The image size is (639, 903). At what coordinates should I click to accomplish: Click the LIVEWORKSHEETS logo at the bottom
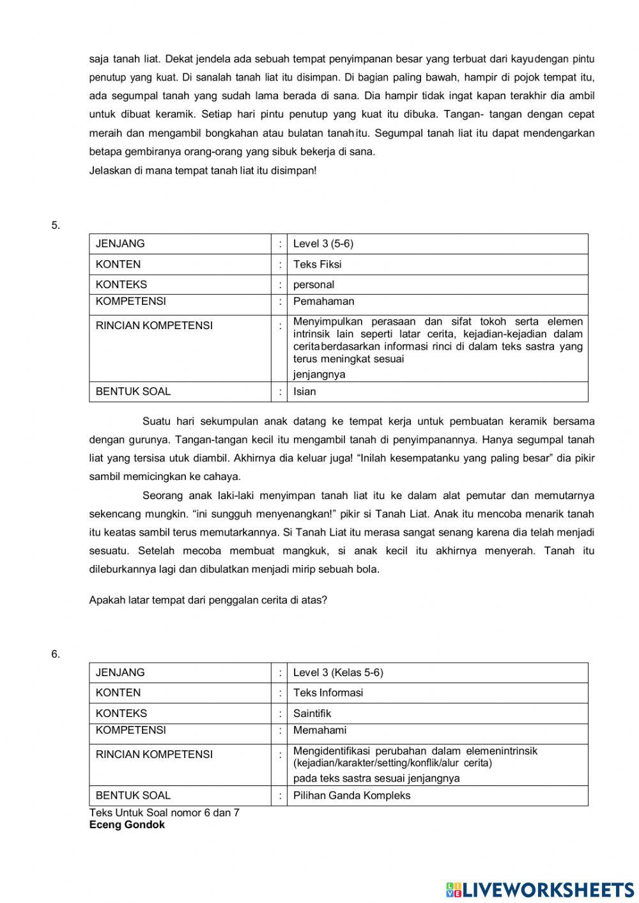pyautogui.click(x=540, y=889)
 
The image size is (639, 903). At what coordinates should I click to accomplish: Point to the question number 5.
pyautogui.click(x=56, y=225)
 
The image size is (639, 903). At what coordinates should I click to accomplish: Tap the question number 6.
pyautogui.click(x=56, y=654)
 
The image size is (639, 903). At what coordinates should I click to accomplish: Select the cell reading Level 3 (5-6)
pyautogui.click(x=323, y=243)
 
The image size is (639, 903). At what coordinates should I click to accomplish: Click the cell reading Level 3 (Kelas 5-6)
pyautogui.click(x=338, y=672)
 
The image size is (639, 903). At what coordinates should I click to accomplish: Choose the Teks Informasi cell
pyautogui.click(x=328, y=693)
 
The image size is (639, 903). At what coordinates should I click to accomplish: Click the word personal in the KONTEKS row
pyautogui.click(x=314, y=284)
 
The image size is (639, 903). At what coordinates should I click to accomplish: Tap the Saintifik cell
pyautogui.click(x=312, y=713)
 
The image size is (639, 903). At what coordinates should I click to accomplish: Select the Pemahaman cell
pyautogui.click(x=323, y=302)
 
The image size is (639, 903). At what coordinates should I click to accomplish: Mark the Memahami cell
pyautogui.click(x=319, y=730)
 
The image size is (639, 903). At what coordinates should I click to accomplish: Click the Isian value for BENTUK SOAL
pyautogui.click(x=304, y=392)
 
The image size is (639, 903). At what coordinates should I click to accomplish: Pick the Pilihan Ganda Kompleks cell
pyautogui.click(x=351, y=796)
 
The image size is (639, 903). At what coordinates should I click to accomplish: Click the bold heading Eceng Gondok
pyautogui.click(x=127, y=825)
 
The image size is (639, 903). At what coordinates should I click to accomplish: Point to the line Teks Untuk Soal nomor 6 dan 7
pyautogui.click(x=164, y=813)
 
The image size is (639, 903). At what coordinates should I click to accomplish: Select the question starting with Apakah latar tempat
pyautogui.click(x=208, y=600)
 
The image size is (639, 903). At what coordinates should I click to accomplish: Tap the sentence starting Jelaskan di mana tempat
pyautogui.click(x=203, y=171)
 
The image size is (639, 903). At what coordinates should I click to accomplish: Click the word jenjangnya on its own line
pyautogui.click(x=319, y=374)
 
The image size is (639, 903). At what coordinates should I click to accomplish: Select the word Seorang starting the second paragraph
pyautogui.click(x=163, y=495)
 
